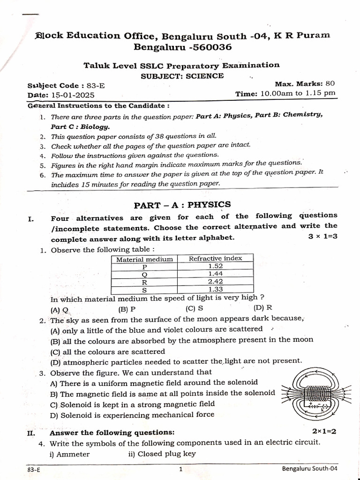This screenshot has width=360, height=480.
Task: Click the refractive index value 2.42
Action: click(x=215, y=281)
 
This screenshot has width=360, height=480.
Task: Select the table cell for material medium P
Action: click(x=144, y=266)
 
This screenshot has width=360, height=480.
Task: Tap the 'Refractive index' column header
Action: click(x=215, y=258)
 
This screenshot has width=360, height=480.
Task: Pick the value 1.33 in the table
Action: click(x=215, y=289)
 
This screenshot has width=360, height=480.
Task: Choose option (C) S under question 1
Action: click(x=194, y=308)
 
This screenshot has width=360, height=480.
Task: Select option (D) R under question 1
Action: click(x=262, y=308)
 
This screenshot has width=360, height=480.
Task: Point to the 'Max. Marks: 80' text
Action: click(x=305, y=84)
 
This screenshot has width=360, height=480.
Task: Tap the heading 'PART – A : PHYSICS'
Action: click(x=182, y=204)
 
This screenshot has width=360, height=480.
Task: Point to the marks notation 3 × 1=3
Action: click(x=322, y=236)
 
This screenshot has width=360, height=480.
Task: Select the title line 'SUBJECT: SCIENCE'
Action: click(x=182, y=76)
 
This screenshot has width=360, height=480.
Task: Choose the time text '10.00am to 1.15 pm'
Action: click(x=298, y=93)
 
